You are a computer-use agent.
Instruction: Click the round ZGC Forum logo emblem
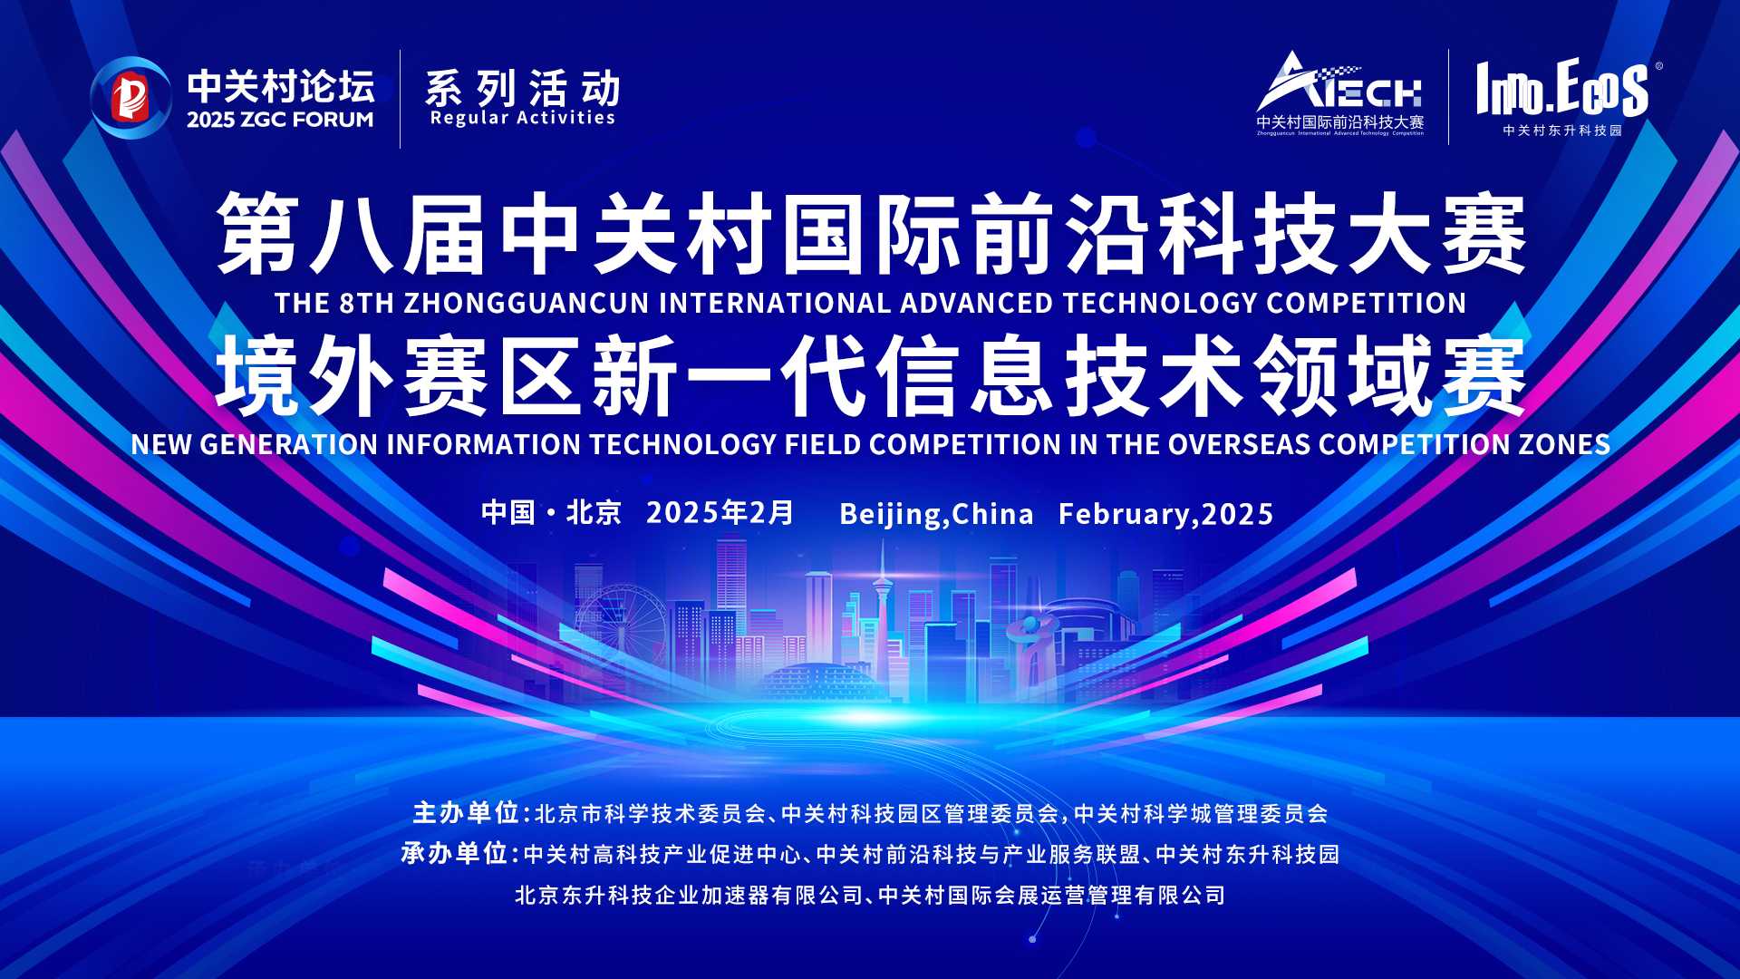[x=130, y=97]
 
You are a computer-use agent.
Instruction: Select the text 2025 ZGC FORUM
[x=280, y=120]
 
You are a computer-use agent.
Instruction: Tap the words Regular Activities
[x=523, y=118]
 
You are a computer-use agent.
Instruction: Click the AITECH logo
[x=1339, y=93]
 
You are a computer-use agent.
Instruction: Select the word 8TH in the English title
[x=367, y=303]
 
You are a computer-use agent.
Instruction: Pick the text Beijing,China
[x=936, y=515]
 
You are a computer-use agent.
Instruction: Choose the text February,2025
[x=1166, y=515]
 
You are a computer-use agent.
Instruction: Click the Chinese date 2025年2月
[x=720, y=513]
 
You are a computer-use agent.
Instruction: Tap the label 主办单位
[x=466, y=813]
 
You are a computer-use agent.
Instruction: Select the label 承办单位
[x=454, y=854]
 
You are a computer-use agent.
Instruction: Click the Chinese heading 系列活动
[x=523, y=88]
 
